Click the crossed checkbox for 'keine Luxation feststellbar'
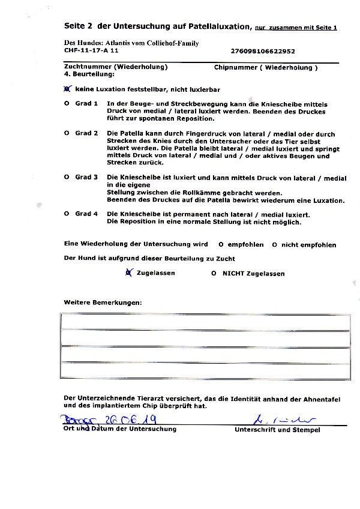[67, 89]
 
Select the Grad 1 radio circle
[67, 104]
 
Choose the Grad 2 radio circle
[67, 133]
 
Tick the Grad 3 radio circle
[67, 178]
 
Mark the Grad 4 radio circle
[67, 214]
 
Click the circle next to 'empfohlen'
[221, 245]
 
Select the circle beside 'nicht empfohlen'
[274, 245]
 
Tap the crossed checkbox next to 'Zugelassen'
[128, 273]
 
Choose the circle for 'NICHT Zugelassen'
[214, 274]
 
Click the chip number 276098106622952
[262, 52]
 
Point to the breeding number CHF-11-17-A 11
[91, 52]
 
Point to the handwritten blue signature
[276, 419]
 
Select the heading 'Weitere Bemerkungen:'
[103, 302]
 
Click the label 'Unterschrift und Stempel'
[277, 430]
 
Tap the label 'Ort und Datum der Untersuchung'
[120, 429]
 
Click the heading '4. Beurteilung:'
[89, 74]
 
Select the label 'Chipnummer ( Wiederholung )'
[266, 67]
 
